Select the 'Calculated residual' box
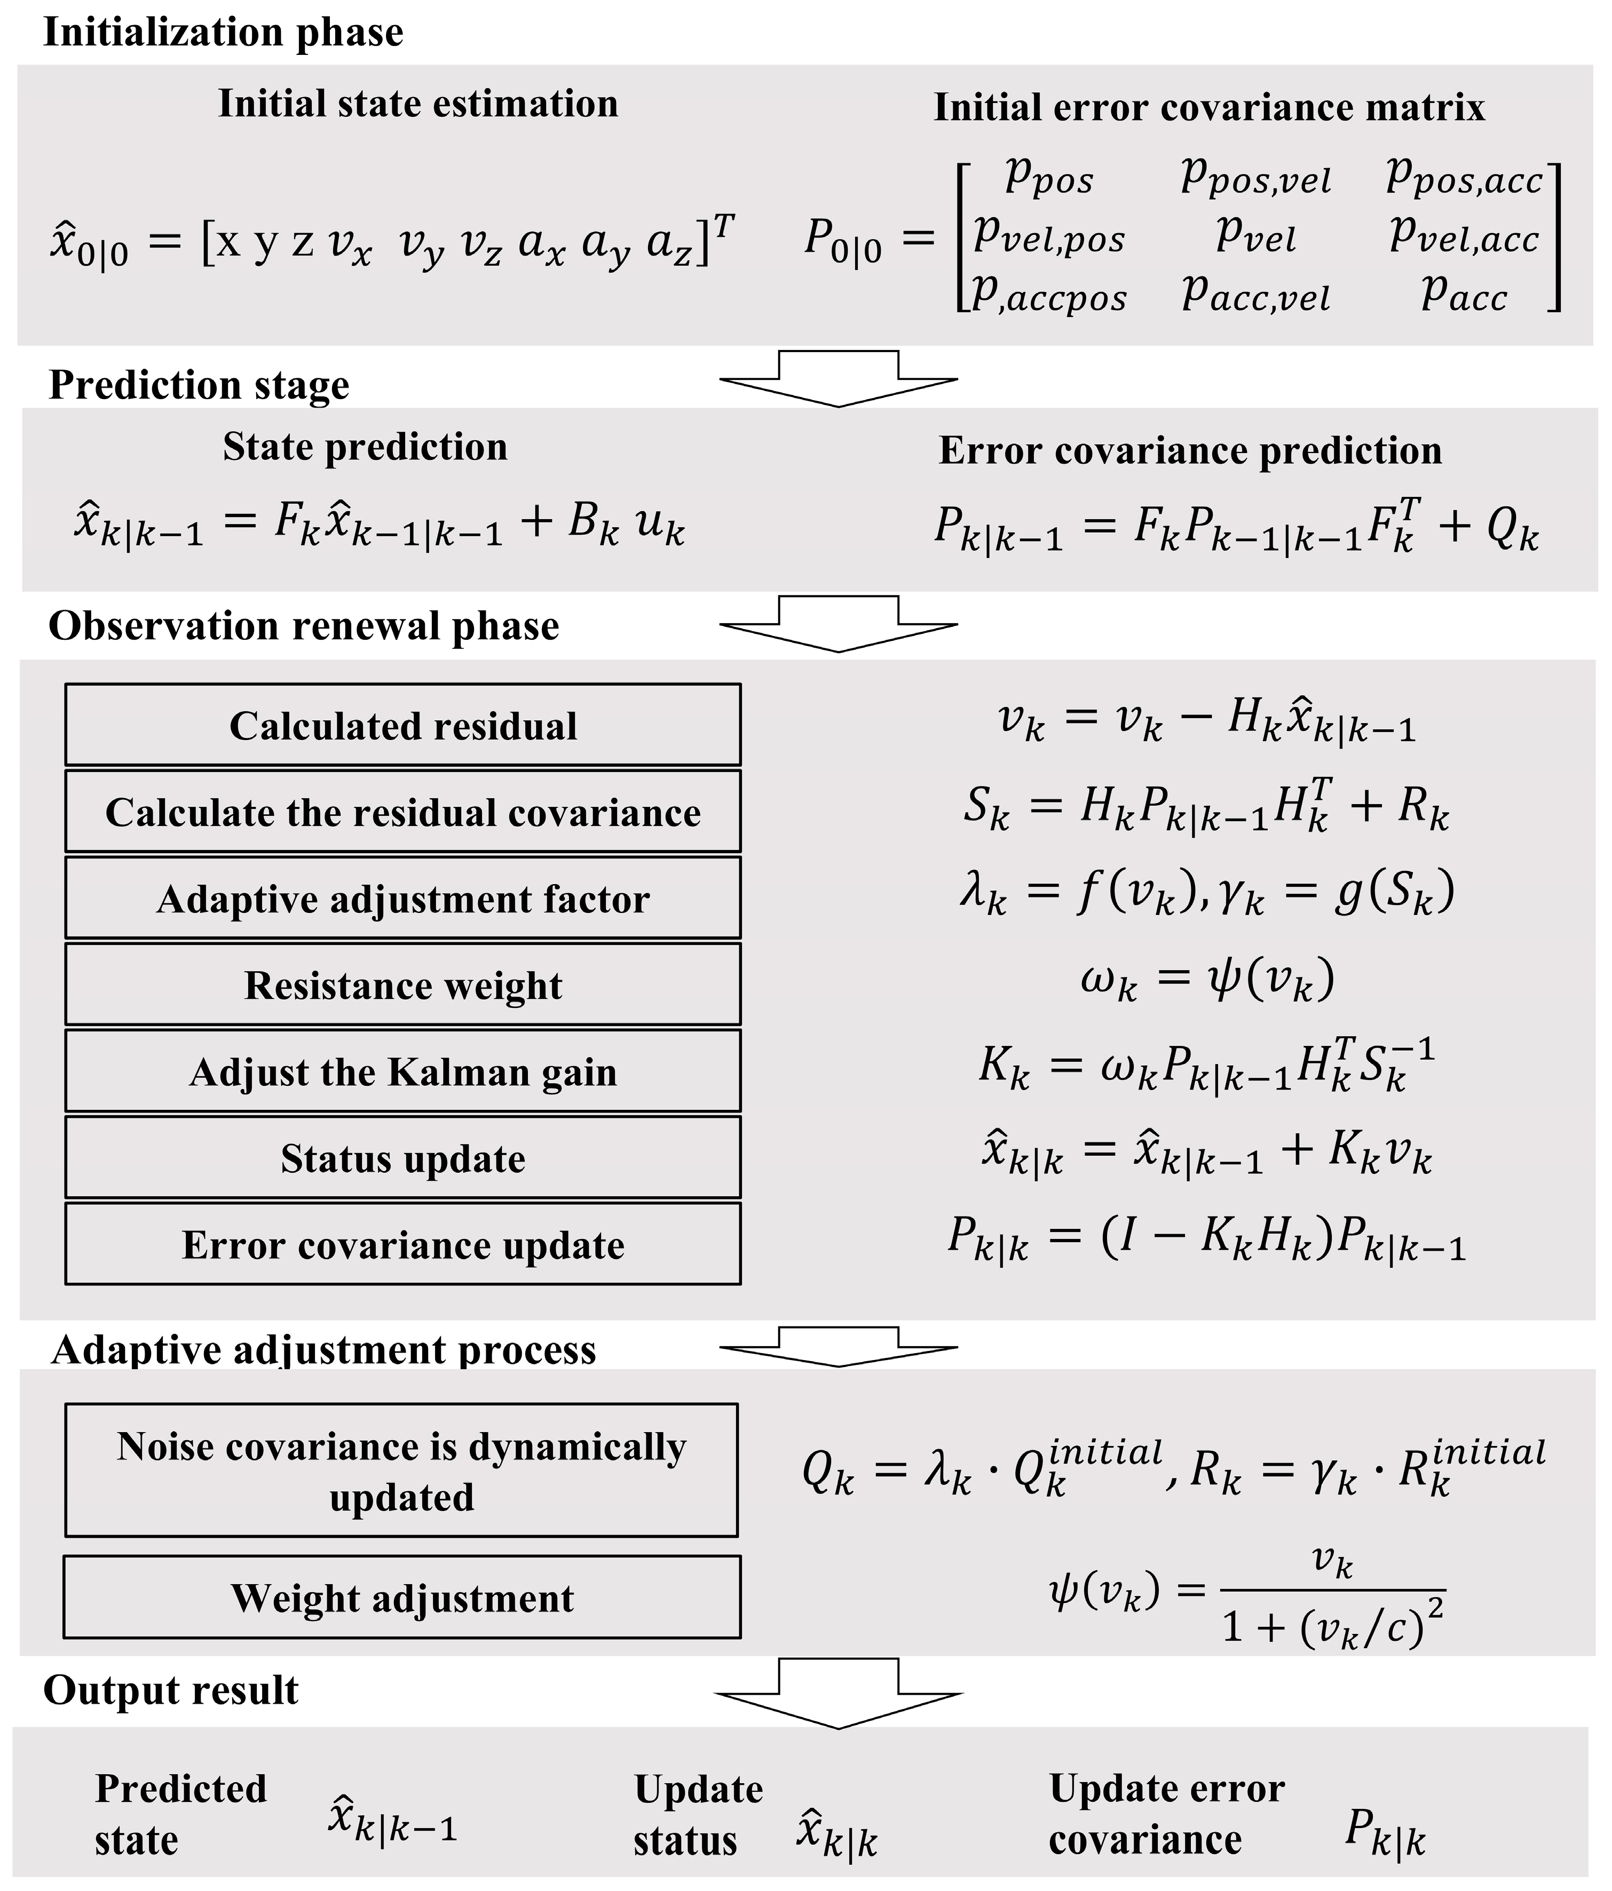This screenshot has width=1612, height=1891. pos(402,726)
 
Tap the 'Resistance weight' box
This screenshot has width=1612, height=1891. pos(402,986)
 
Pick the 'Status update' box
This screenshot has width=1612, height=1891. pos(402,1158)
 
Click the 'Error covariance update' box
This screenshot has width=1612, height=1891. pos(402,1245)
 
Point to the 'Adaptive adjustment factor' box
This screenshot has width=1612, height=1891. pos(402,899)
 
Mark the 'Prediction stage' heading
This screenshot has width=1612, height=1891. pos(199,385)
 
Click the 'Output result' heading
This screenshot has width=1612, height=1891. pos(171,1691)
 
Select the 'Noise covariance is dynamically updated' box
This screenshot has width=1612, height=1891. pos(401,1471)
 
